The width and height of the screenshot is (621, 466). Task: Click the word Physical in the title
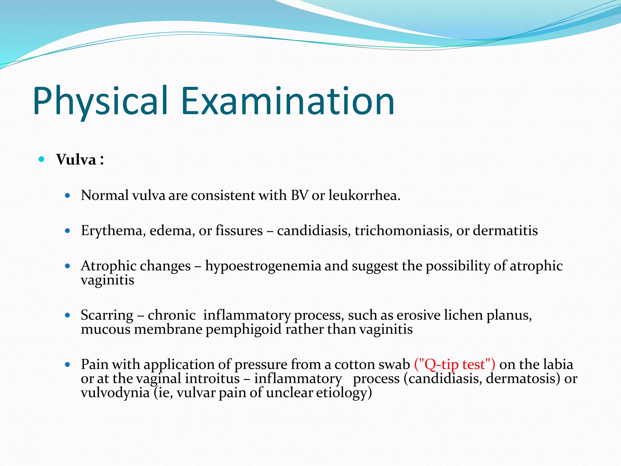point(100,102)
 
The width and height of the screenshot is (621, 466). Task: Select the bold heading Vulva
point(76,160)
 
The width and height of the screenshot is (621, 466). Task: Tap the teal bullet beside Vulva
point(42,159)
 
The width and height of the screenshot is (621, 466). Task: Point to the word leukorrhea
point(364,195)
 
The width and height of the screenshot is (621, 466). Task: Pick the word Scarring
point(107,315)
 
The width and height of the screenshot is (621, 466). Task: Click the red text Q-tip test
point(455,364)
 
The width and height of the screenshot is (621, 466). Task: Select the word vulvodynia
point(115,393)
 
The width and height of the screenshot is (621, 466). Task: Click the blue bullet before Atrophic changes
point(68,266)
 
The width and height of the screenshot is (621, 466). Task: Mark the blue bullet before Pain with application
point(68,365)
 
